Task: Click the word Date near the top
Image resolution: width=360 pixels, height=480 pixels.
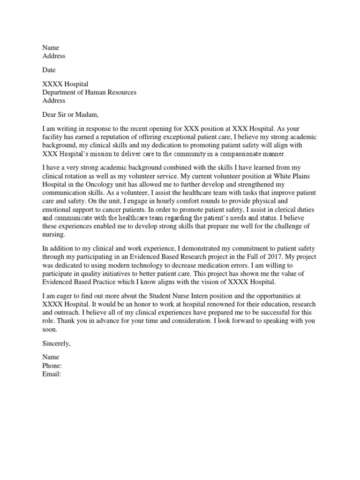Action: pos(49,70)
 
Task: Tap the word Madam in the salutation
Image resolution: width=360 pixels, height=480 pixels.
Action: pos(87,114)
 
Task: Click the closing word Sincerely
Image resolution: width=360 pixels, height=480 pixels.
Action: pos(56,344)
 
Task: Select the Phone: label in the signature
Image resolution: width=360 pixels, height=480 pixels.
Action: pos(52,366)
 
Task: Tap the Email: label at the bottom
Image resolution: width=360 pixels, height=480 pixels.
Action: pos(52,374)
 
